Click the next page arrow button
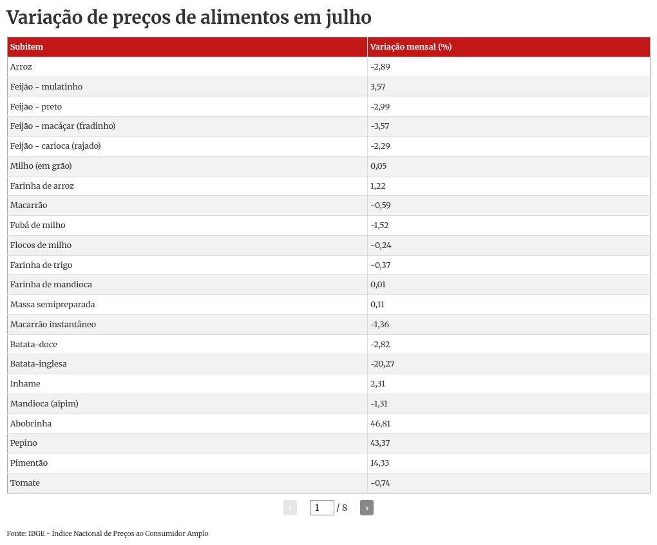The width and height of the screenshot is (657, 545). coord(367,508)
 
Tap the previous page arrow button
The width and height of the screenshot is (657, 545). coord(290,508)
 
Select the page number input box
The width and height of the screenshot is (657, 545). coord(321,508)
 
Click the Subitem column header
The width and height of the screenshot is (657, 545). coord(27,47)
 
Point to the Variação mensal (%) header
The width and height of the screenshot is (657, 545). coord(411,47)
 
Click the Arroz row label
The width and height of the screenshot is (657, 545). coord(21,67)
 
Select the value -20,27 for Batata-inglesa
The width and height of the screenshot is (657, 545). coord(383,364)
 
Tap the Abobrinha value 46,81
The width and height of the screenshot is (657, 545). coord(381,423)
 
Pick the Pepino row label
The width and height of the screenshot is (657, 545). coord(24,443)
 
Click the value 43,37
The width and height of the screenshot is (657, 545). coord(381,443)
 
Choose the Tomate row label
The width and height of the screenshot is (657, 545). coord(25,483)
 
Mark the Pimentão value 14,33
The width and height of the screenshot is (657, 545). coord(380,463)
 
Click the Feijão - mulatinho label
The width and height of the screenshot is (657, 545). coord(46,87)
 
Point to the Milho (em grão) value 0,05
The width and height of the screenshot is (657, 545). coord(379,166)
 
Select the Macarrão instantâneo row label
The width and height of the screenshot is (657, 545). coord(53,325)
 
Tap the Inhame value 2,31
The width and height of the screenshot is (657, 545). coord(378,384)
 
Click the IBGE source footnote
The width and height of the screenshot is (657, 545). coord(108,533)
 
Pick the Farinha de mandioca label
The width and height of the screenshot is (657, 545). coord(51,285)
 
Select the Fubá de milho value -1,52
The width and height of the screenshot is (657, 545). coord(380,225)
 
